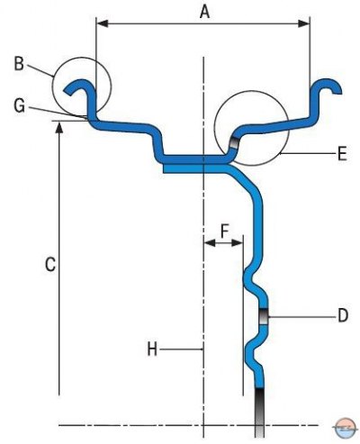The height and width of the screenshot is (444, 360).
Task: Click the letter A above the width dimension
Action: [x=204, y=12]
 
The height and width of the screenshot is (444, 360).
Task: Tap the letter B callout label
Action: [x=19, y=64]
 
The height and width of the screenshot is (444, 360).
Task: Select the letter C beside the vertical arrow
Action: [x=50, y=265]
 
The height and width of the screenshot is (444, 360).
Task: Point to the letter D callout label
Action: [x=343, y=315]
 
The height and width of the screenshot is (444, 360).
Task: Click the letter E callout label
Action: [x=342, y=154]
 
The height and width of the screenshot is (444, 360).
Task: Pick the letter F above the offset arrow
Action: [x=225, y=231]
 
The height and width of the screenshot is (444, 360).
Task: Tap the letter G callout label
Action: [x=20, y=105]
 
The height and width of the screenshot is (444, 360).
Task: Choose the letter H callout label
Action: [x=152, y=349]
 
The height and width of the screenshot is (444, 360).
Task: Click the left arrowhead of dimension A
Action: [x=102, y=23]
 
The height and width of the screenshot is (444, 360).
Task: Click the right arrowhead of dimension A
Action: [x=303, y=23]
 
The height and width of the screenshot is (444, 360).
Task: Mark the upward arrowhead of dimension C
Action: [x=59, y=127]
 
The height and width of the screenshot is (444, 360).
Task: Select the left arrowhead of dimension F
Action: [x=210, y=242]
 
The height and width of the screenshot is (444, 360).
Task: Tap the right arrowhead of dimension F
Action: [x=237, y=242]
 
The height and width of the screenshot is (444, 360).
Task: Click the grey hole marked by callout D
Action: [x=264, y=317]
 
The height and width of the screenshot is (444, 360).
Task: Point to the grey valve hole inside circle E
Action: [x=234, y=143]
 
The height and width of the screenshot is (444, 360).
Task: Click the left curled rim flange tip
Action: [x=67, y=92]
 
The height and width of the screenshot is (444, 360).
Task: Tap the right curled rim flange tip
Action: [x=337, y=90]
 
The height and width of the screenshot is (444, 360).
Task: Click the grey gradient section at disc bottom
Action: [x=259, y=412]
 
